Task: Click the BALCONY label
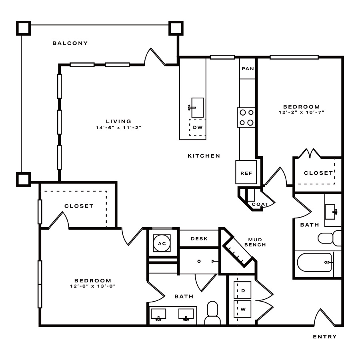click(x=70, y=43)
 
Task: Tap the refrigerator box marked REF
click(x=246, y=172)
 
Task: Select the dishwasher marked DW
click(x=198, y=127)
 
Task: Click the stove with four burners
click(x=246, y=117)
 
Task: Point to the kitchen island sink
click(x=197, y=108)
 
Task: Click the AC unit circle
click(x=162, y=243)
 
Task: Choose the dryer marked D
click(x=242, y=290)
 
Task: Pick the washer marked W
click(x=242, y=309)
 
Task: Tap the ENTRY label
click(x=325, y=336)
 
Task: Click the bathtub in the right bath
click(x=314, y=262)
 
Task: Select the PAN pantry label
click(x=248, y=68)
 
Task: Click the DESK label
click(x=199, y=238)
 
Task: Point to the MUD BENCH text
click(x=255, y=242)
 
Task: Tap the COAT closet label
click(x=260, y=204)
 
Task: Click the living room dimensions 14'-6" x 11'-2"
click(x=118, y=128)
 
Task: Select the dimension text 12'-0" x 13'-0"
click(x=93, y=286)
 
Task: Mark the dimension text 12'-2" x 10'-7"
click(x=302, y=112)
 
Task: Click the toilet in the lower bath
click(x=213, y=313)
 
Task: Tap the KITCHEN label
click(x=204, y=156)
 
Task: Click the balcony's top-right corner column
click(x=176, y=28)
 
